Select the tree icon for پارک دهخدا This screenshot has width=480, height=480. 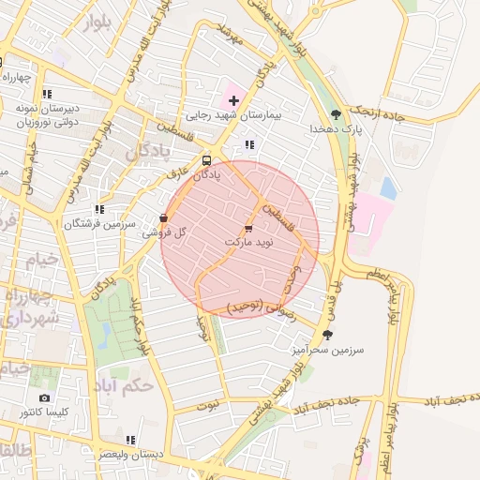point(335,113)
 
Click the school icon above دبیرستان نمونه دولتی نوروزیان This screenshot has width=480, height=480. point(46,94)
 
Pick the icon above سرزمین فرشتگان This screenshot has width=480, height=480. point(99,210)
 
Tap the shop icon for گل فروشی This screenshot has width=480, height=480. point(165,218)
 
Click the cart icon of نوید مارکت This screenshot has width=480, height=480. point(247,228)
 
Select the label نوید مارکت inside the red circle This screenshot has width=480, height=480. point(247,242)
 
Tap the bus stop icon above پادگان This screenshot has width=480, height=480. point(206,159)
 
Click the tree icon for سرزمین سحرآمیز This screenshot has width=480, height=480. point(327,334)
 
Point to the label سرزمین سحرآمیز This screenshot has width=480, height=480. point(326,348)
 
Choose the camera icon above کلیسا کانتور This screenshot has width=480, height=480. point(45,398)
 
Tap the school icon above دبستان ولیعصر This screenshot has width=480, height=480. point(130,439)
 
